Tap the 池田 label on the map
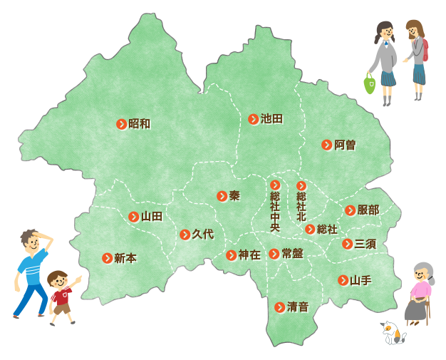[271, 119]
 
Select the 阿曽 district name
[345, 145]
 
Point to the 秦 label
[234, 195]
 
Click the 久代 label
[202, 234]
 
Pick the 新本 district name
[125, 258]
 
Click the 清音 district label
[298, 307]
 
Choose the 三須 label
[365, 244]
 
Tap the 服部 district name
[368, 210]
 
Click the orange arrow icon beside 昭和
[121, 124]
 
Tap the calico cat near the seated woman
[392, 332]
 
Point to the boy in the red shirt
[61, 296]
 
